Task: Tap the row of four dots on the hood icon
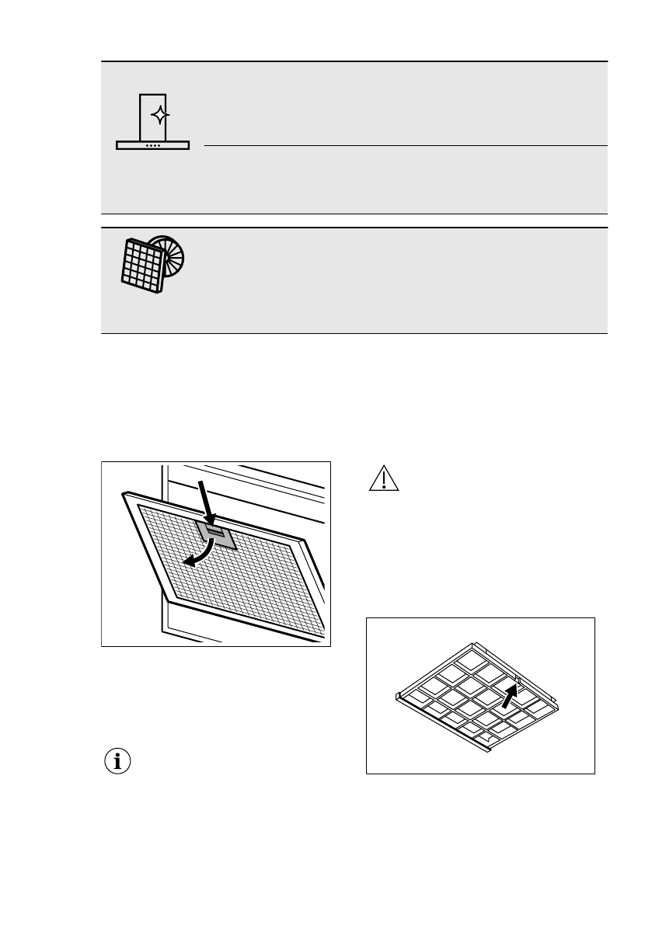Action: coord(152,145)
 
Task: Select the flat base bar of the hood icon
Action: coord(153,146)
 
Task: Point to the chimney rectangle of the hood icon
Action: coord(153,116)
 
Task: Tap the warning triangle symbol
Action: coord(383,480)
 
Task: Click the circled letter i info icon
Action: coord(118,762)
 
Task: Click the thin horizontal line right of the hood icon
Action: coord(404,145)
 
